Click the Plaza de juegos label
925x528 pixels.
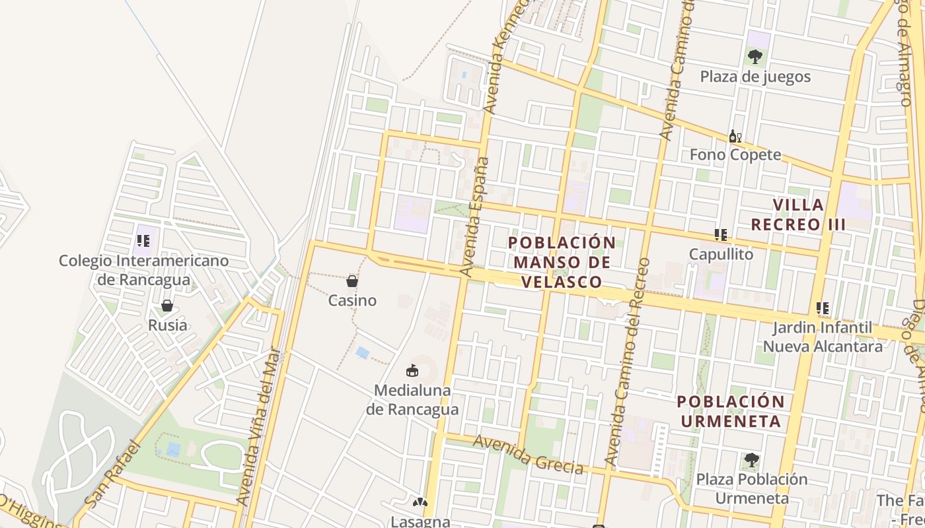click(755, 77)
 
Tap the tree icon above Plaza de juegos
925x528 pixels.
click(755, 57)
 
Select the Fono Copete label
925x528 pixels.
click(735, 154)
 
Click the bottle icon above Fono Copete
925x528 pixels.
click(735, 137)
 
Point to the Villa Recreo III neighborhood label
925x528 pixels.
click(798, 214)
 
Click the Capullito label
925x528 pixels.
click(721, 254)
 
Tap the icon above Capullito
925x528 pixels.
click(721, 235)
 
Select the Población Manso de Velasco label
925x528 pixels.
click(562, 262)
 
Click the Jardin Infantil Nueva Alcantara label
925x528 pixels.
click(823, 337)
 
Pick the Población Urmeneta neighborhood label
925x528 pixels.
click(731, 411)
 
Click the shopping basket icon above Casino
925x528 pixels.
click(352, 281)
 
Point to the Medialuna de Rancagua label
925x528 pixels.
click(412, 399)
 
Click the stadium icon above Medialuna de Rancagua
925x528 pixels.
click(412, 370)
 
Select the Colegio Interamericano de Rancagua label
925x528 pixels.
click(144, 270)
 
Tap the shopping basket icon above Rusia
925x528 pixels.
click(167, 306)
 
